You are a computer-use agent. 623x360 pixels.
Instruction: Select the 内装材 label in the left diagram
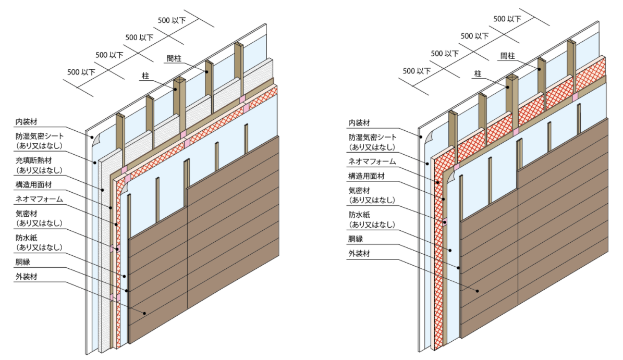[x=26, y=122]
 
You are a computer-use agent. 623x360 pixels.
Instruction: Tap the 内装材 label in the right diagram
[x=360, y=122]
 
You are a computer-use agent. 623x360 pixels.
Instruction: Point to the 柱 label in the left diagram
[x=145, y=76]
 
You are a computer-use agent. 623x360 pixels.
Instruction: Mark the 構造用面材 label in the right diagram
[x=367, y=176]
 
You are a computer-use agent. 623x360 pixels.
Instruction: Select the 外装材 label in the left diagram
[x=26, y=277]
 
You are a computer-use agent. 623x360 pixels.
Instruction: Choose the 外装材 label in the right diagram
[x=359, y=254]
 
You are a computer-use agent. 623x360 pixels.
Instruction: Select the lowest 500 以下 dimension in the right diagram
[x=416, y=70]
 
